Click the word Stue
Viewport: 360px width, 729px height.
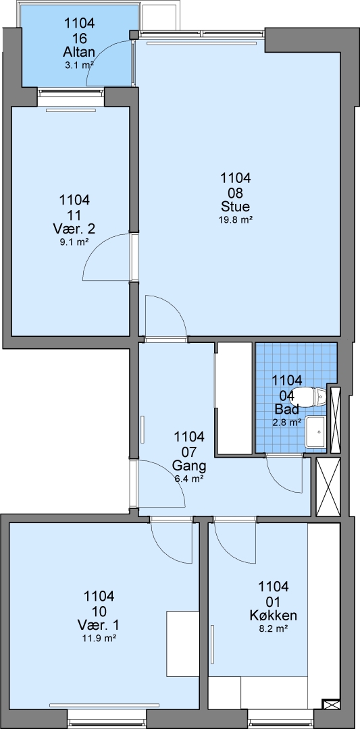(235, 207)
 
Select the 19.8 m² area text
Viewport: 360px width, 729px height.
(235, 220)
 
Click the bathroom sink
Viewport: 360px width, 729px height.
(316, 433)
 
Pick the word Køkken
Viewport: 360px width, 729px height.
(274, 616)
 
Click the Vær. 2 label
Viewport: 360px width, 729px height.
(74, 229)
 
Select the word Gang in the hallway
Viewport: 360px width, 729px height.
(189, 465)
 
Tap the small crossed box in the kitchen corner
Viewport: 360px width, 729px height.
(331, 704)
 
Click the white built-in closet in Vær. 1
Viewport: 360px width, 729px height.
(183, 644)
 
